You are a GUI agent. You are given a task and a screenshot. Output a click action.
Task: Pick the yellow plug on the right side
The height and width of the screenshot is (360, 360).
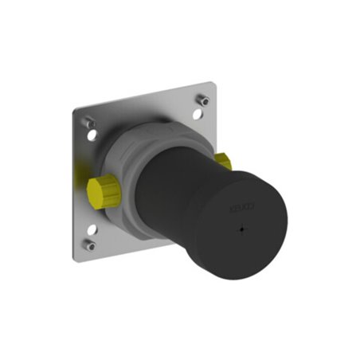223,164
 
